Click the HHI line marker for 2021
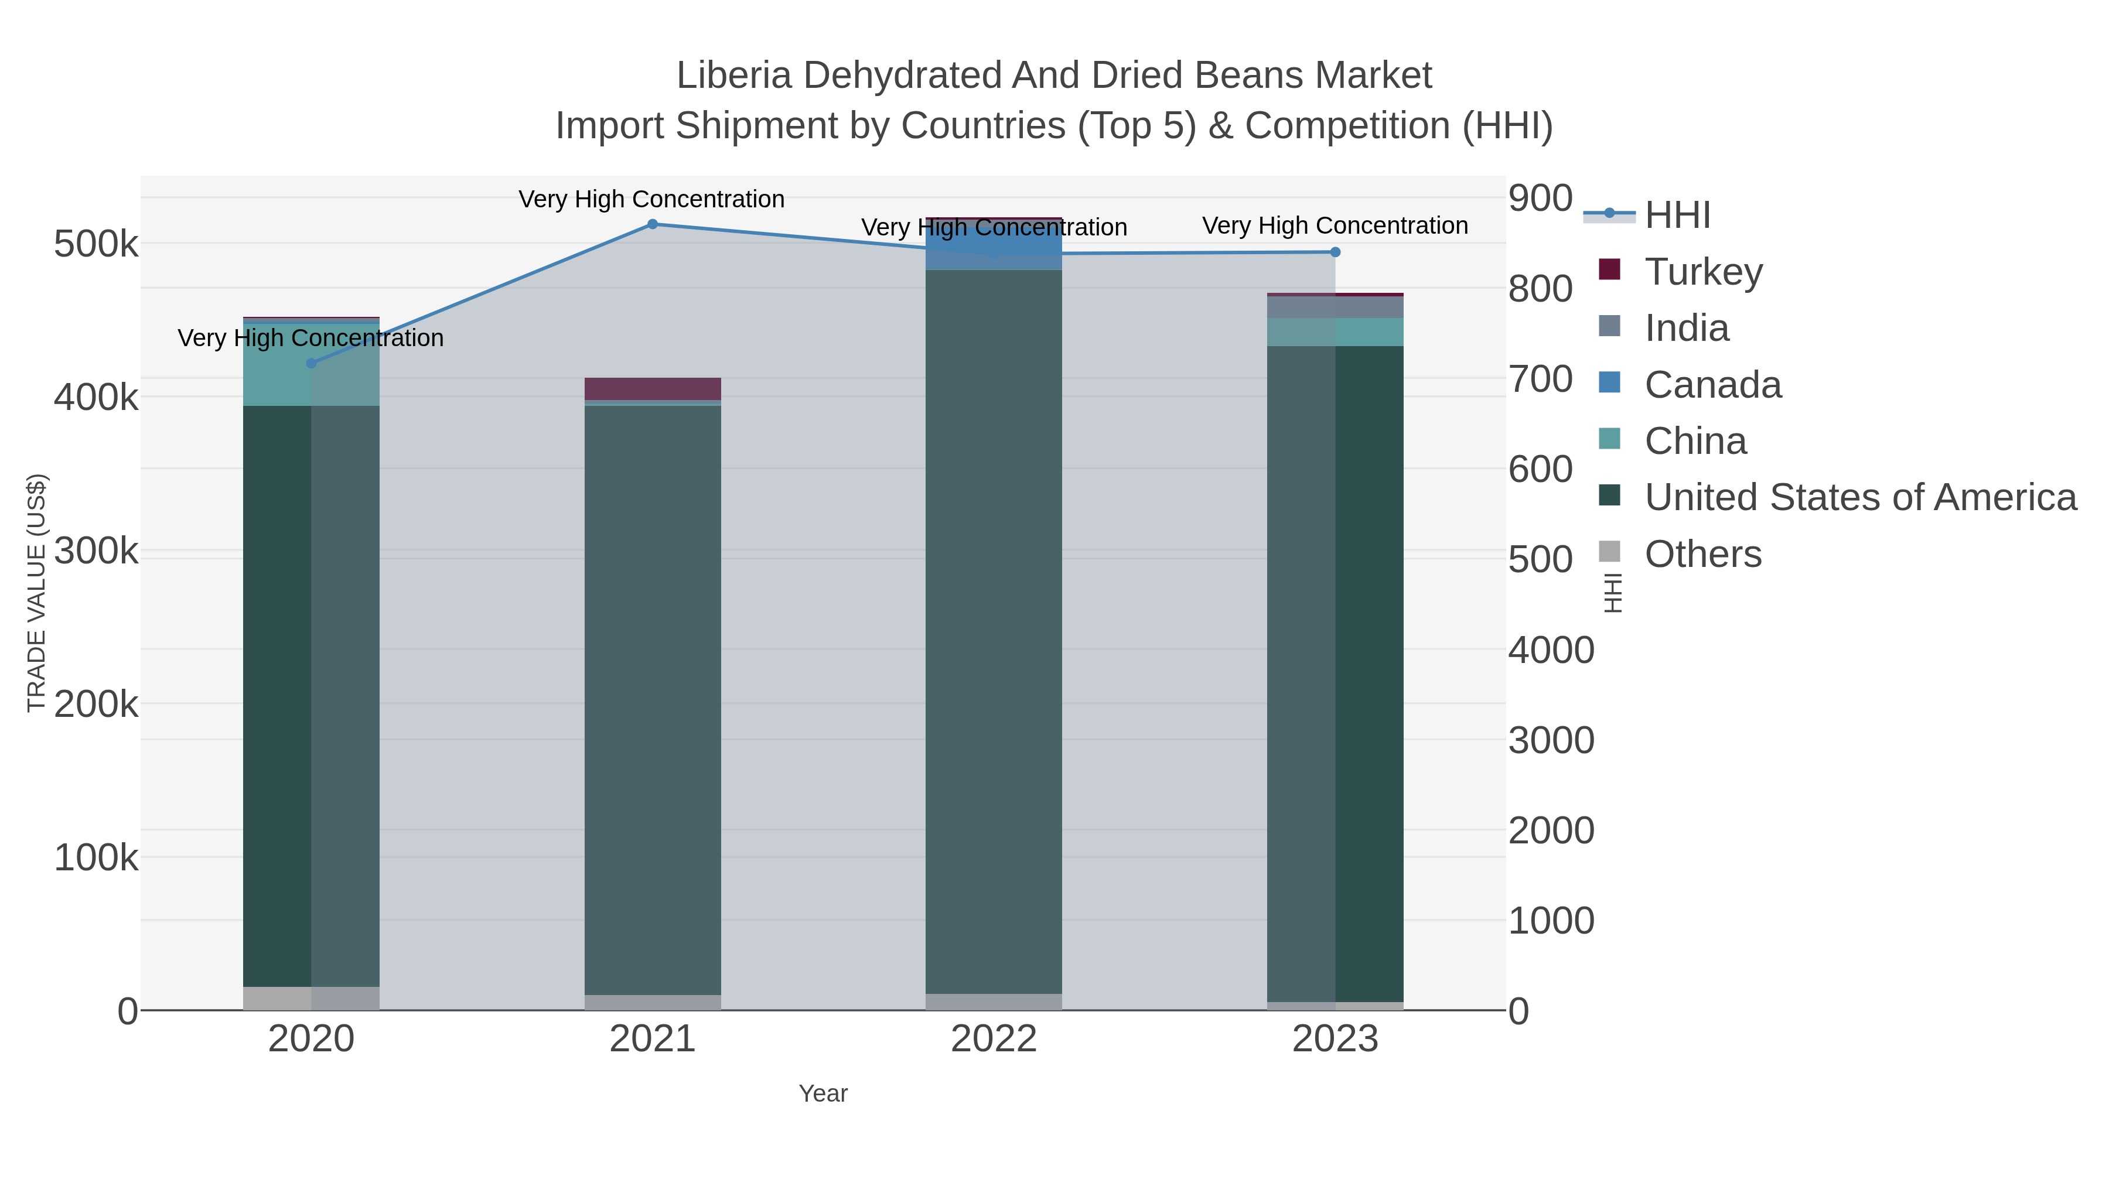point(653,224)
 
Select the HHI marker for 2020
point(311,363)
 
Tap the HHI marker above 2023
point(1335,252)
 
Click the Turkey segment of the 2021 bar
point(653,389)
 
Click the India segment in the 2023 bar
point(1335,307)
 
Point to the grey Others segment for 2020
point(311,998)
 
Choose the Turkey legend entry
point(1703,272)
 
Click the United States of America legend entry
point(1858,497)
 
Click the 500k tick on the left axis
point(95,244)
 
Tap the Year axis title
point(823,1093)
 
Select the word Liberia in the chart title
point(733,76)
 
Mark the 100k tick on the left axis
point(95,858)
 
